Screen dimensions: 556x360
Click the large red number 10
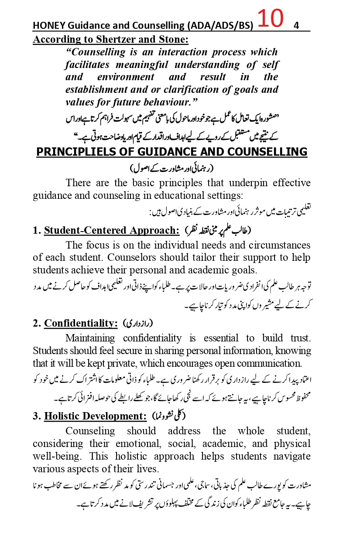[271, 20]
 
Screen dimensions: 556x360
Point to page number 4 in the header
[296, 26]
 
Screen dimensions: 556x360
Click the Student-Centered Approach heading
[111, 230]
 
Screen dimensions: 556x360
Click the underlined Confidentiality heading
[81, 323]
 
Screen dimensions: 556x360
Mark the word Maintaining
[90, 338]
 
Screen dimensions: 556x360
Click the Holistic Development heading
[95, 416]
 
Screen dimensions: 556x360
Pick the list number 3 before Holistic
[36, 416]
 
